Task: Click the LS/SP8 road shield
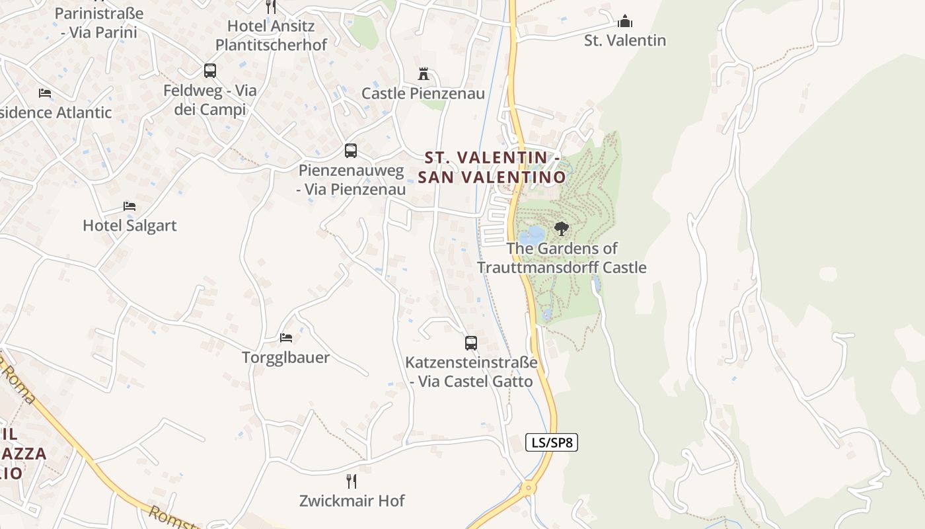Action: [552, 442]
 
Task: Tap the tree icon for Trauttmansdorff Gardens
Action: [561, 229]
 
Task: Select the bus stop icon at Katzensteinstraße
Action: [470, 343]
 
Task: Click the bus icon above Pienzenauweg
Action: [350, 150]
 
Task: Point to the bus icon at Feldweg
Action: [209, 70]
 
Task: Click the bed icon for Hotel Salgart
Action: [129, 206]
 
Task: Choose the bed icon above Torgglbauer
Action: [285, 337]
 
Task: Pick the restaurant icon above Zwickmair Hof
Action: [351, 481]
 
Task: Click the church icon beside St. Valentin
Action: [624, 21]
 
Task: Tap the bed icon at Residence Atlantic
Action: [45, 93]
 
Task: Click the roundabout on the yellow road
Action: [527, 489]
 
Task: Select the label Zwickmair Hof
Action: [351, 501]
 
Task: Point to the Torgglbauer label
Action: [285, 358]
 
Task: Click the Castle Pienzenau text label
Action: [423, 93]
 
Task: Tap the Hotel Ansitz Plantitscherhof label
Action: [271, 35]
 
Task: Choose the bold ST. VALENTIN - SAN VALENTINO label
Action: [492, 167]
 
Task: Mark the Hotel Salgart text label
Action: [129, 225]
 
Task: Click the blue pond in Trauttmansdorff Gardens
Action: [532, 235]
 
